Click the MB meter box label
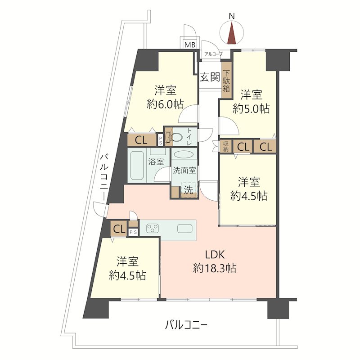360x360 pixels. pyautogui.click(x=190, y=45)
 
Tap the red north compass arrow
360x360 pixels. pyautogui.click(x=232, y=32)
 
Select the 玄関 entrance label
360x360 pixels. pyautogui.click(x=210, y=77)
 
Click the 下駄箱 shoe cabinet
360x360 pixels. pyautogui.click(x=227, y=81)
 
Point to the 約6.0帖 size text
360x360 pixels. pyautogui.click(x=165, y=105)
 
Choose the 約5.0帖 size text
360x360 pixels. pyautogui.click(x=251, y=108)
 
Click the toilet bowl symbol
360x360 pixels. pyautogui.click(x=176, y=138)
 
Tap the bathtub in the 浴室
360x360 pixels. pyautogui.click(x=138, y=165)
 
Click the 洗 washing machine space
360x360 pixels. pyautogui.click(x=189, y=189)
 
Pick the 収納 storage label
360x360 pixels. pyautogui.click(x=226, y=147)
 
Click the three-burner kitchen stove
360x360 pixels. pyautogui.click(x=153, y=228)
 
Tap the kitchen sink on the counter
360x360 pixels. pyautogui.click(x=184, y=229)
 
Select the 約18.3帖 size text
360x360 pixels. pyautogui.click(x=215, y=268)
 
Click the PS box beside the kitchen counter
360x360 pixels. pyautogui.click(x=133, y=232)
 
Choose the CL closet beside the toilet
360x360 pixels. pyautogui.click(x=141, y=140)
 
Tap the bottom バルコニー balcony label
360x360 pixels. pyautogui.click(x=186, y=325)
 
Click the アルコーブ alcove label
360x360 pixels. pyautogui.click(x=213, y=54)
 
